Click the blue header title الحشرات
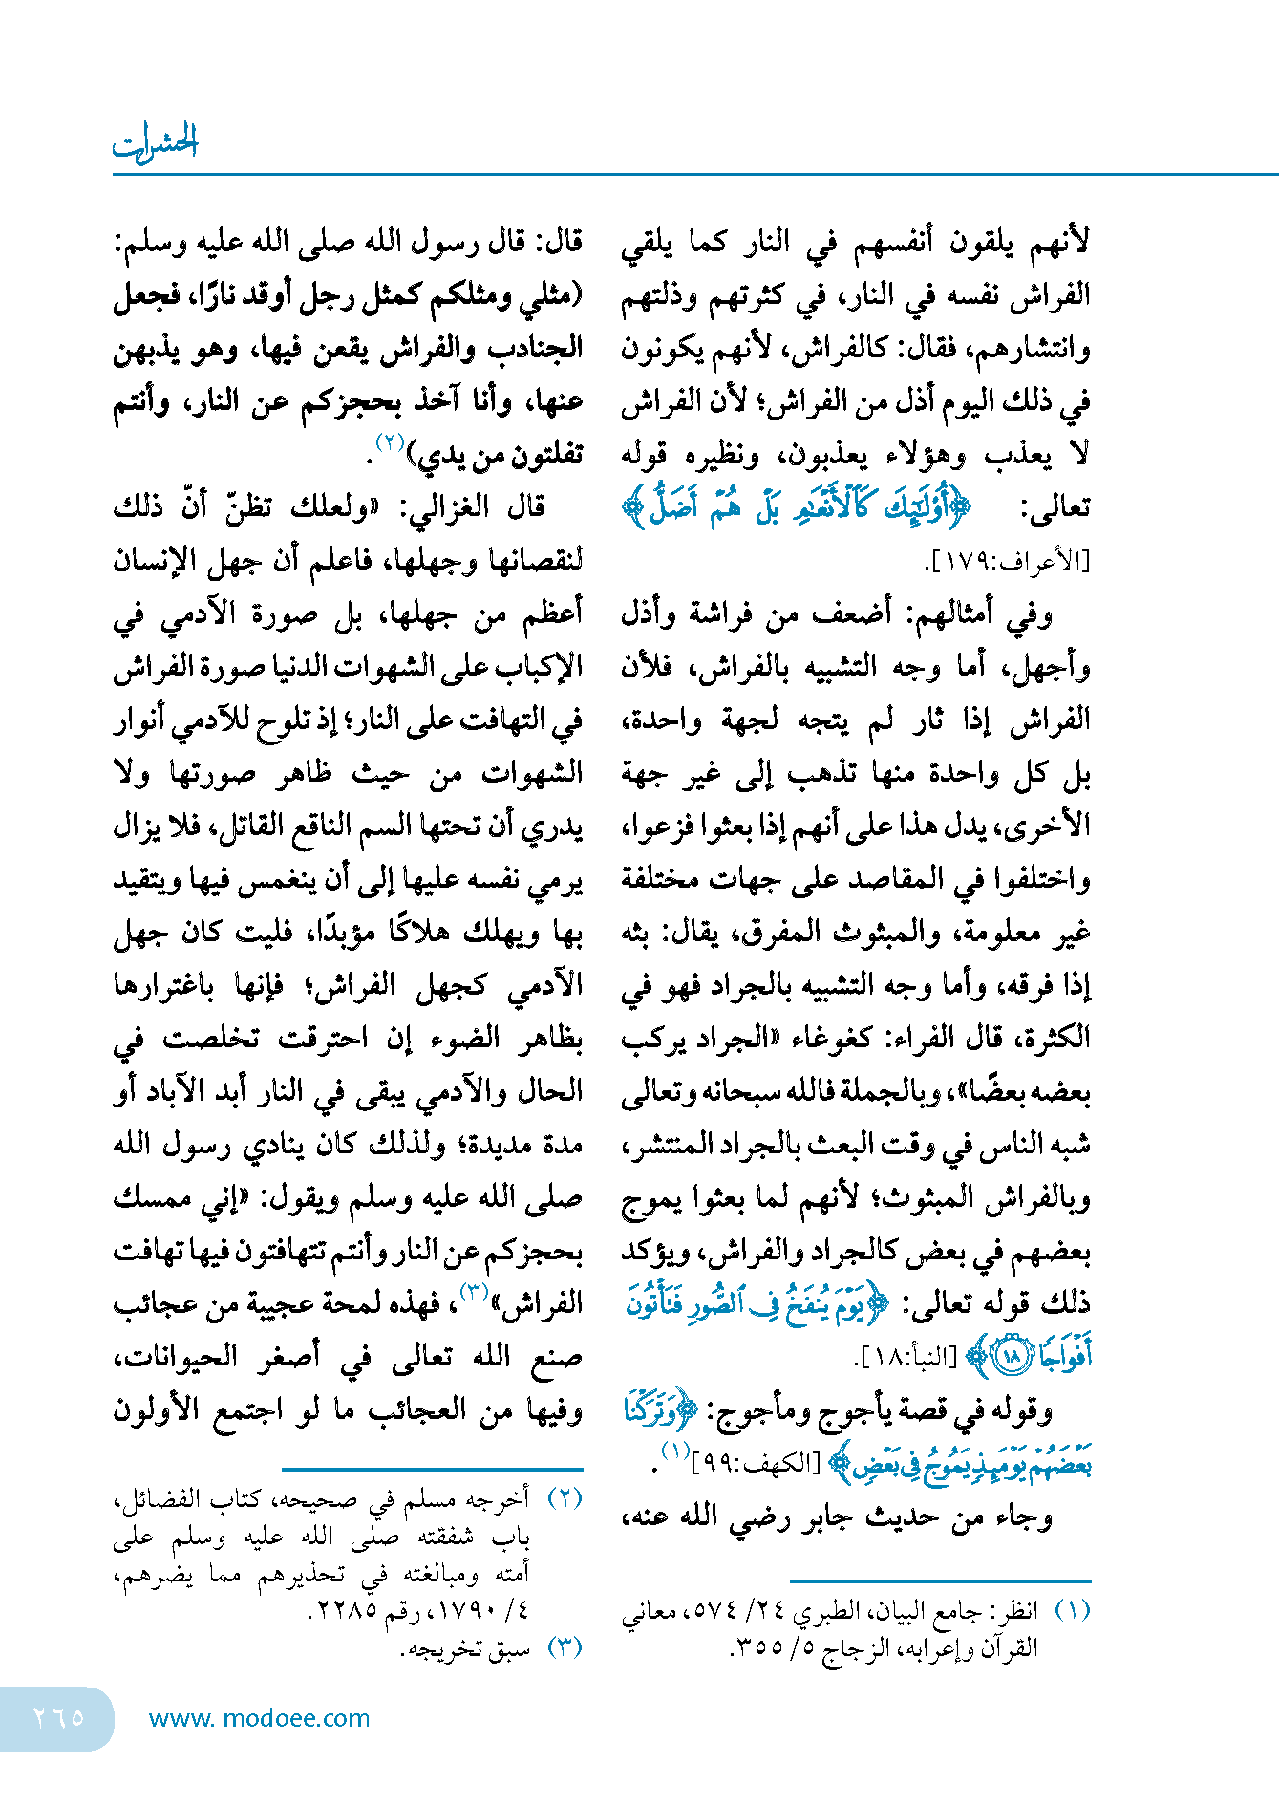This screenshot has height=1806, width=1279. [x=155, y=143]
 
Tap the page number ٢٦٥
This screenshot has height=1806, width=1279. [x=58, y=1717]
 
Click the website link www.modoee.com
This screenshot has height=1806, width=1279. [x=259, y=1718]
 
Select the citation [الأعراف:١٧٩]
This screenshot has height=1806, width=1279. [x=1009, y=561]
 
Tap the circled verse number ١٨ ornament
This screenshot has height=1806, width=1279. [x=1011, y=1357]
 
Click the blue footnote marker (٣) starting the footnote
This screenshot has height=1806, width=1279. [x=565, y=1647]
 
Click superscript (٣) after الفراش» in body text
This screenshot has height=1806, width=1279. [x=475, y=1293]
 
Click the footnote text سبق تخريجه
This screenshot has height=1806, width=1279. [x=469, y=1648]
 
